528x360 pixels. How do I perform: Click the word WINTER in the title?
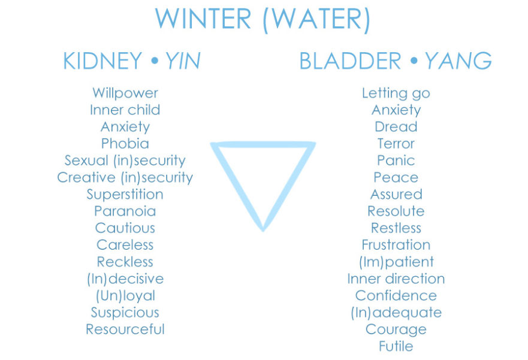click(203, 20)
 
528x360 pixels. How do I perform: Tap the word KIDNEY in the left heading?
click(102, 61)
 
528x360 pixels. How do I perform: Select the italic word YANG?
click(458, 61)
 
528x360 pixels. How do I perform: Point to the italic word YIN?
click(182, 61)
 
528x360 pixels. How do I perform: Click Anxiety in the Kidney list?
click(125, 127)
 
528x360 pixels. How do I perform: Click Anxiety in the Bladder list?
click(396, 110)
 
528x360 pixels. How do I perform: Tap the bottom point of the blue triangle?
click(263, 228)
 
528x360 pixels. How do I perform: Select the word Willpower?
click(125, 93)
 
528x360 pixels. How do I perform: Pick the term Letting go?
click(396, 93)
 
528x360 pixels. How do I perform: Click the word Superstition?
click(125, 195)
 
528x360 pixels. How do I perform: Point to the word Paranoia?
click(125, 211)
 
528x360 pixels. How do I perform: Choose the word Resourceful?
click(125, 329)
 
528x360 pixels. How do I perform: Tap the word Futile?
click(396, 346)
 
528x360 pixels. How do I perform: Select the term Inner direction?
click(396, 279)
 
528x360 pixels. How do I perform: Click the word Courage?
click(396, 329)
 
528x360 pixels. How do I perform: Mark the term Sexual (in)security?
click(125, 161)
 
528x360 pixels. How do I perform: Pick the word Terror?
click(396, 144)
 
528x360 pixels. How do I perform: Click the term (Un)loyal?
click(125, 296)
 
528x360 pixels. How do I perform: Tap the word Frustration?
click(396, 245)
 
